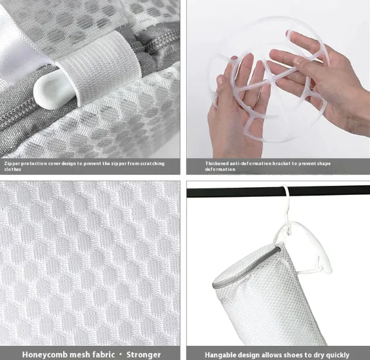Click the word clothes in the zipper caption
point(12,170)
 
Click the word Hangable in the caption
point(223,354)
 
